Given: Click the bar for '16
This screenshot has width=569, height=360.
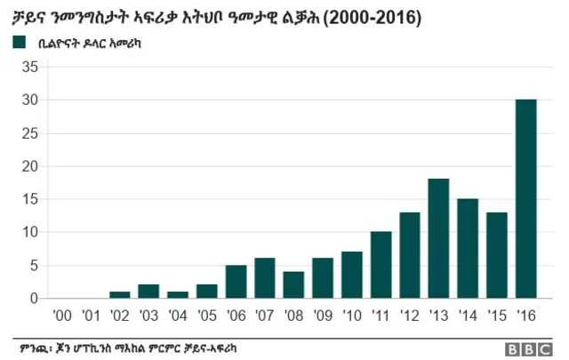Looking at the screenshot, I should pyautogui.click(x=526, y=199).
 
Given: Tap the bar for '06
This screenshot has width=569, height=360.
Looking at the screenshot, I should pyautogui.click(x=236, y=282).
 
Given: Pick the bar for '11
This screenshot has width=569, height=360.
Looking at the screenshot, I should pyautogui.click(x=381, y=265).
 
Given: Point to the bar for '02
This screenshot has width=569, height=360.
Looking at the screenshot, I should pyautogui.click(x=119, y=294).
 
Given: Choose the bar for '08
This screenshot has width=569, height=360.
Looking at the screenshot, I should pyautogui.click(x=293, y=284).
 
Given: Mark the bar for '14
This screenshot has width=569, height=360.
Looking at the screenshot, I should pyautogui.click(x=468, y=249).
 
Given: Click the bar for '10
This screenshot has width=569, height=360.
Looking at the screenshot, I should pyautogui.click(x=352, y=275).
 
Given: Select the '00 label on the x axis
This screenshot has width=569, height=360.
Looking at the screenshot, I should pyautogui.click(x=61, y=314).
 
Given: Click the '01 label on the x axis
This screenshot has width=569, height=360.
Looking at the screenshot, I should pyautogui.click(x=90, y=314).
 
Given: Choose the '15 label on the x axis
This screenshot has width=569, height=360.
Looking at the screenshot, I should pyautogui.click(x=497, y=314).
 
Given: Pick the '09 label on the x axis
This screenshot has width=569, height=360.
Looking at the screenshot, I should pyautogui.click(x=323, y=314).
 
